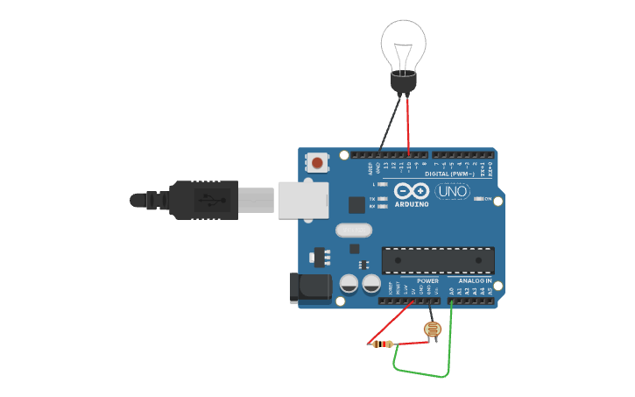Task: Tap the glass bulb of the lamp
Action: point(403,44)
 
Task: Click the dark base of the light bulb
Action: point(403,83)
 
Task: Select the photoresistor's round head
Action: point(432,330)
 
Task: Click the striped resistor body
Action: point(382,344)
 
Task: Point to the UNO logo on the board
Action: point(453,191)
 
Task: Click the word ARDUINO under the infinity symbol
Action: point(412,204)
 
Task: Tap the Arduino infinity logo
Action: point(412,191)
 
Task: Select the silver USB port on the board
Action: point(303,199)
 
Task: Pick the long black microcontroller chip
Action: point(437,260)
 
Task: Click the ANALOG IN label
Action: point(475,280)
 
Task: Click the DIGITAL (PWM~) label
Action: point(449,174)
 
